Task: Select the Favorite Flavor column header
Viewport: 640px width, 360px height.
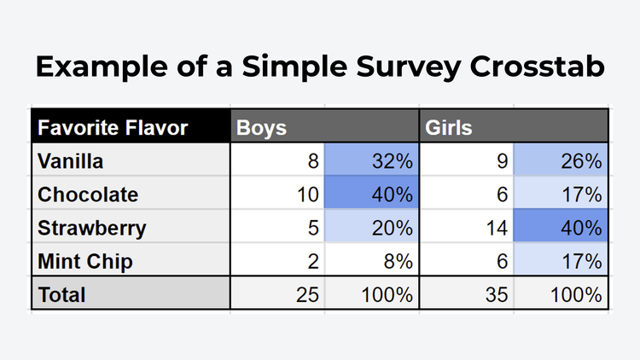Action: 112,128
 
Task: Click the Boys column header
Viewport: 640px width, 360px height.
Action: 261,128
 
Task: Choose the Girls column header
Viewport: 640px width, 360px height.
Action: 449,128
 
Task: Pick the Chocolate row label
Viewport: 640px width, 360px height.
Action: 88,195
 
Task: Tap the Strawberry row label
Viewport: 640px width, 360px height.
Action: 92,228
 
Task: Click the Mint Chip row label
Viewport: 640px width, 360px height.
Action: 85,261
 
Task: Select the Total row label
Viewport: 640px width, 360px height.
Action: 62,295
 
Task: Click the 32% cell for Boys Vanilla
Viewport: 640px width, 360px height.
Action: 392,161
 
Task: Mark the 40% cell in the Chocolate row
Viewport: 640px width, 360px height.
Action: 392,195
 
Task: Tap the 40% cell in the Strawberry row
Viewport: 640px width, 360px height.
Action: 580,228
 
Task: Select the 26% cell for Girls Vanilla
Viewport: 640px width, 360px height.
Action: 580,161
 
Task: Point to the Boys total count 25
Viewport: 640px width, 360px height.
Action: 307,295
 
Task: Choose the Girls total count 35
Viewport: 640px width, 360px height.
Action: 497,295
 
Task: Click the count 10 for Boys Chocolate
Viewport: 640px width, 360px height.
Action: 307,195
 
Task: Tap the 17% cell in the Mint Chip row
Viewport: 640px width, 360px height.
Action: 580,261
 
